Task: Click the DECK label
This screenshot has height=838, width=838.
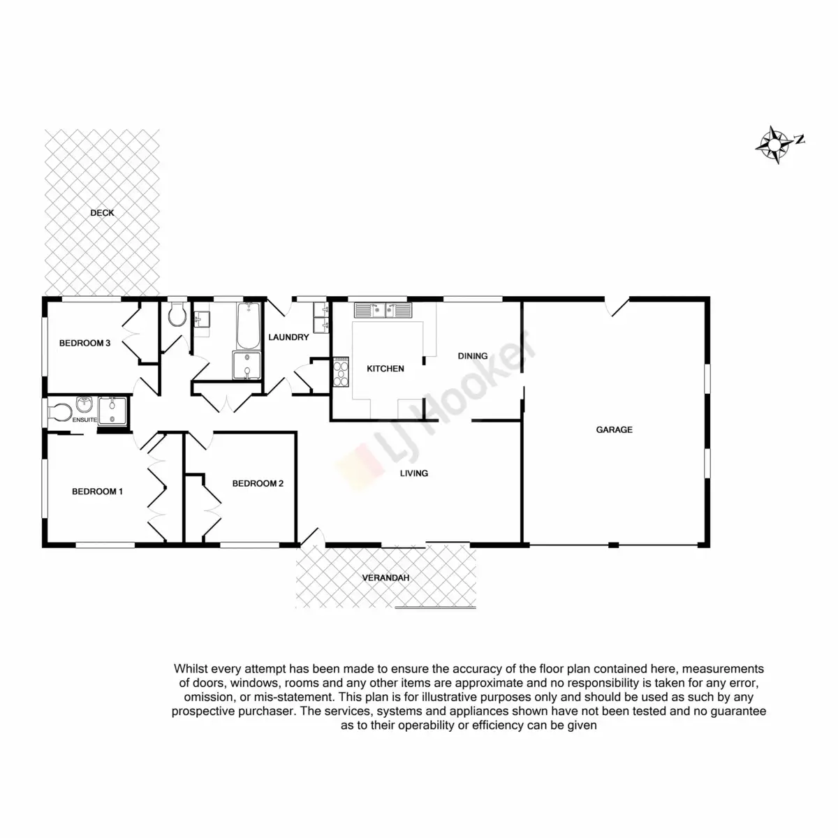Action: click(x=102, y=213)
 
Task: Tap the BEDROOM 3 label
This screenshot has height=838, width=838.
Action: click(x=84, y=343)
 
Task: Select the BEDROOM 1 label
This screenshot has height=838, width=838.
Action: click(x=97, y=492)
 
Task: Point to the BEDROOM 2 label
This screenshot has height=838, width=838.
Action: click(x=258, y=483)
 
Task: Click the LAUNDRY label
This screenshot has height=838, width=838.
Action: click(x=288, y=337)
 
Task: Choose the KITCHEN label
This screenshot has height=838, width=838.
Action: click(x=385, y=369)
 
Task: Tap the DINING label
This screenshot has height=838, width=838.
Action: click(x=473, y=356)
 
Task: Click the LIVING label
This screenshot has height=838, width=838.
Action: click(x=413, y=473)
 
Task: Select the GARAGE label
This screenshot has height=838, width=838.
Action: click(x=614, y=430)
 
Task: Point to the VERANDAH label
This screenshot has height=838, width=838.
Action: click(x=385, y=578)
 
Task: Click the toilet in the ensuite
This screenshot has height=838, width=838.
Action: click(x=60, y=411)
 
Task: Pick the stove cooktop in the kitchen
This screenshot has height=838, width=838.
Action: click(x=341, y=371)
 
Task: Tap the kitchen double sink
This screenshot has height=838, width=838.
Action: click(x=383, y=309)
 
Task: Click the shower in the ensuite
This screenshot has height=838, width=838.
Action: click(x=110, y=411)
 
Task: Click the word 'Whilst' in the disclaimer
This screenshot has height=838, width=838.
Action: click(x=191, y=668)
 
